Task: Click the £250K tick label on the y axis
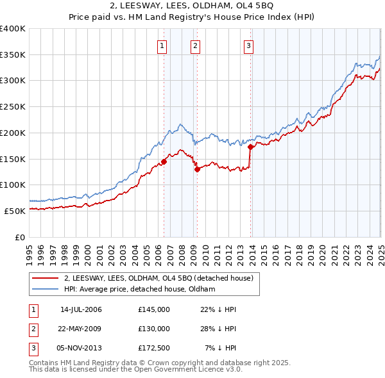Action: point(13,106)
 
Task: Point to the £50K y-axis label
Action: point(15,211)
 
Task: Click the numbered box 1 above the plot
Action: point(162,45)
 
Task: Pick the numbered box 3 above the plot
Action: point(248,45)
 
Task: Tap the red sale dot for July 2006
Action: point(164,161)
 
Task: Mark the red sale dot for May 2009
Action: point(197,169)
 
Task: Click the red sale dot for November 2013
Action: point(250,147)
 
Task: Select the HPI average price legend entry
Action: point(139,289)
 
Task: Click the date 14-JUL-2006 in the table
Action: point(81,309)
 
